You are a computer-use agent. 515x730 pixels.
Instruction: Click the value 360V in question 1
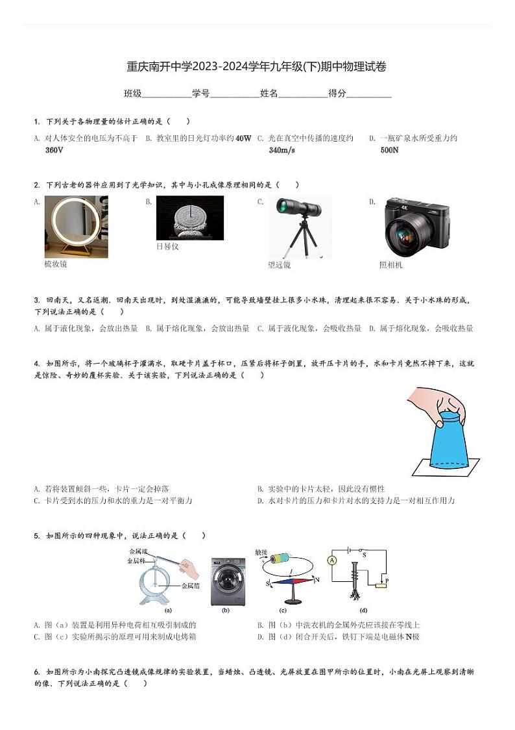click(54, 150)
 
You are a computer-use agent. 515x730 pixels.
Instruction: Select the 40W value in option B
click(243, 138)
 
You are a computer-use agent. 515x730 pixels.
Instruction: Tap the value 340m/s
click(281, 150)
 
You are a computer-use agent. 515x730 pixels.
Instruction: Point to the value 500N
click(389, 150)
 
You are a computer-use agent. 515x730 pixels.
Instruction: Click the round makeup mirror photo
click(75, 226)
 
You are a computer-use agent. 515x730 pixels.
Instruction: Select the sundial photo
click(189, 218)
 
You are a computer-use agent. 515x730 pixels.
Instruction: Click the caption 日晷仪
click(167, 247)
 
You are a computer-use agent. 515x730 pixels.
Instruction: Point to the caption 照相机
click(390, 265)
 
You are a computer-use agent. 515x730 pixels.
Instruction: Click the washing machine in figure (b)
click(228, 581)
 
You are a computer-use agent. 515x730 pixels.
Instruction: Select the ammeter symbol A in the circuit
click(332, 560)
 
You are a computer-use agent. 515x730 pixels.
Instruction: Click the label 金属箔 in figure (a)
click(190, 586)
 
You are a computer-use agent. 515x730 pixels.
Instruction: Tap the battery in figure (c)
click(283, 558)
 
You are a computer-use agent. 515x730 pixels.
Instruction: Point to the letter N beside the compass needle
click(317, 577)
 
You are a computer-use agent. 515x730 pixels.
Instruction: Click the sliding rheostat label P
click(387, 580)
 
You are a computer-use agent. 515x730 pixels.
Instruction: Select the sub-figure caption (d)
click(363, 610)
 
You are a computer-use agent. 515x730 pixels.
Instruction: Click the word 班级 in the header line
click(132, 94)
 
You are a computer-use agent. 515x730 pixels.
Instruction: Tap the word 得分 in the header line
click(337, 94)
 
